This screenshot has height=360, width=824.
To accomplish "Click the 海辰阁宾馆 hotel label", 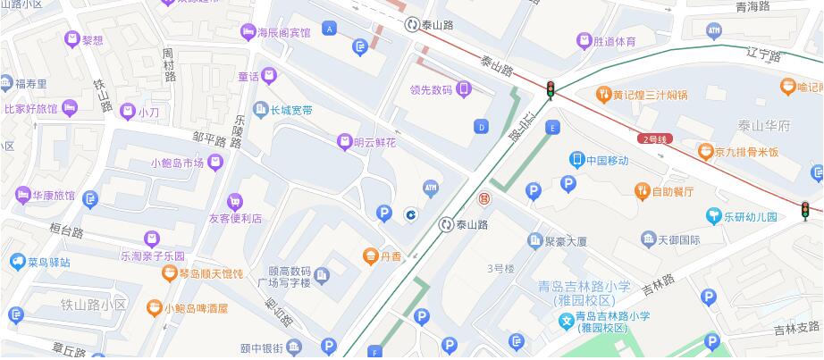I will [x=283, y=33].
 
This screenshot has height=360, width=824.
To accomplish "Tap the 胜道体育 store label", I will [x=615, y=40].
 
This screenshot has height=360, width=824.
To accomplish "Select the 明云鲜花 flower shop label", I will [x=374, y=142].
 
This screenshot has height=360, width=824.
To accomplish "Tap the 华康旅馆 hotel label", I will [x=54, y=195].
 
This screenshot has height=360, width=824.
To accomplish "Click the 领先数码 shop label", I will [x=430, y=88].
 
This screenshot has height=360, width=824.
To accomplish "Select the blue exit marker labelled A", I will [x=331, y=29].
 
